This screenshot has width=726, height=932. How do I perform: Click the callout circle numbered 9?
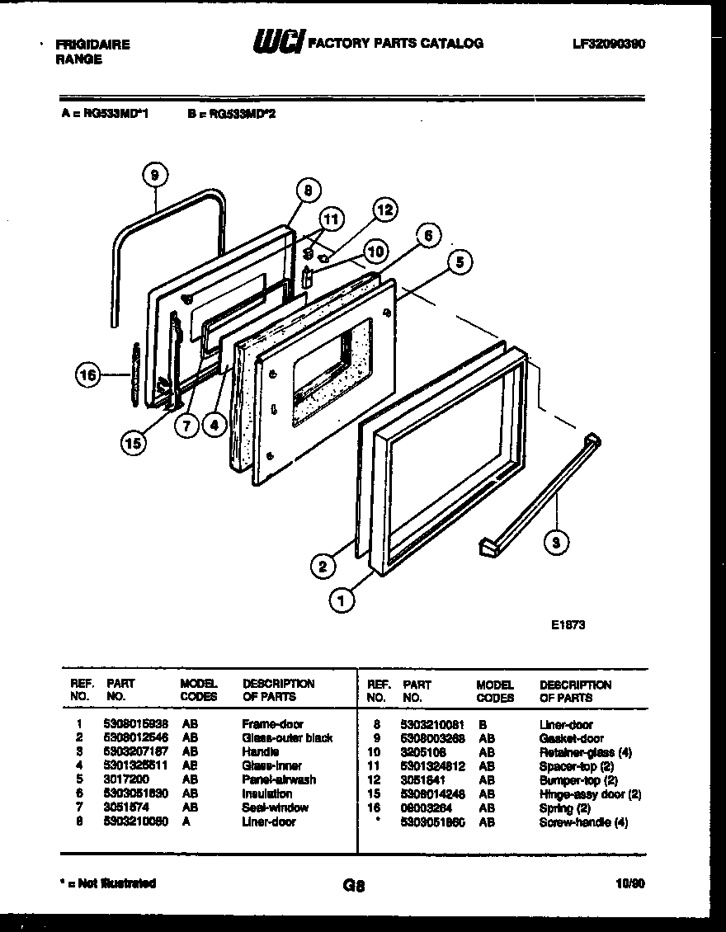pos(155,174)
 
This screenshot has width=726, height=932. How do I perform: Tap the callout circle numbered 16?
pos(88,375)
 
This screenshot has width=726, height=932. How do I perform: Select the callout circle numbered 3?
pos(558,542)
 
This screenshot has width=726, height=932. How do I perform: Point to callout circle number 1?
pos(342,601)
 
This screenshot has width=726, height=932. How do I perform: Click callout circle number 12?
pos(385,209)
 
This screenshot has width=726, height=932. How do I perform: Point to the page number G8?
pos(353,887)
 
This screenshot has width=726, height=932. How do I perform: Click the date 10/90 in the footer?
pos(630,883)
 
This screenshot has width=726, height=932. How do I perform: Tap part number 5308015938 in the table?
pos(135,724)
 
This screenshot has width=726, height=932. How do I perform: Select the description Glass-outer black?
pos(287,738)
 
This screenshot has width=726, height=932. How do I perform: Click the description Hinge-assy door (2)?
pos(590,794)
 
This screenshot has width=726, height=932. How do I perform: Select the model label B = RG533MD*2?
pos(231,115)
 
